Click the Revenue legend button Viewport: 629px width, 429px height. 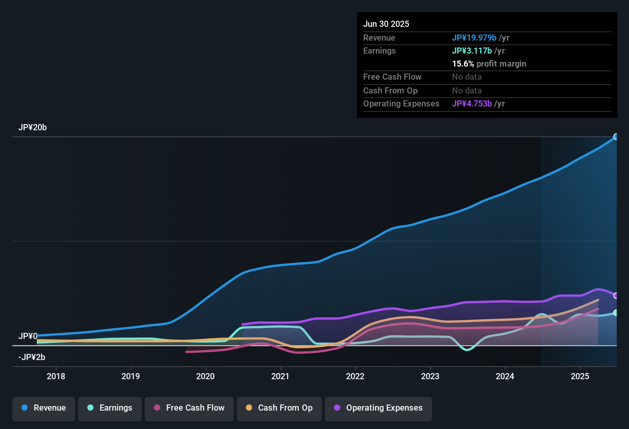click(43, 408)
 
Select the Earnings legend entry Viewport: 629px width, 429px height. click(110, 408)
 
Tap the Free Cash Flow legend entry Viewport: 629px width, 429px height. click(189, 408)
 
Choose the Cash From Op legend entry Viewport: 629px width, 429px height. click(279, 408)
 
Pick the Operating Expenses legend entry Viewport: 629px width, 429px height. click(378, 408)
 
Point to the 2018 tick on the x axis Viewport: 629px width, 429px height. click(56, 376)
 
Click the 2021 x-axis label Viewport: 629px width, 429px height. click(280, 376)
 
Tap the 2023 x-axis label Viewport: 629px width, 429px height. click(430, 376)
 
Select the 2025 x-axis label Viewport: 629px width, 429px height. click(580, 376)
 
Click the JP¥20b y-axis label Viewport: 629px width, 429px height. click(33, 128)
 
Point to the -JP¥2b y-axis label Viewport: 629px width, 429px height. click(32, 357)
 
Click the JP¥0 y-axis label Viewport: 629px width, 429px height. click(28, 336)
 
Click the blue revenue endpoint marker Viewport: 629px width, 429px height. click(616, 137)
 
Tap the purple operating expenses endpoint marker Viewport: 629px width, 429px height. click(616, 296)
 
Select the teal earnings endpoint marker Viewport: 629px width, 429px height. click(616, 313)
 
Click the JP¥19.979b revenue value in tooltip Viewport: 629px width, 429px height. click(474, 38)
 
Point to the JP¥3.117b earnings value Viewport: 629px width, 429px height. click(472, 51)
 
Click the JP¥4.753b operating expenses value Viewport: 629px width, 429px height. click(472, 104)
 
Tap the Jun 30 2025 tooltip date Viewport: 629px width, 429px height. click(386, 24)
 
